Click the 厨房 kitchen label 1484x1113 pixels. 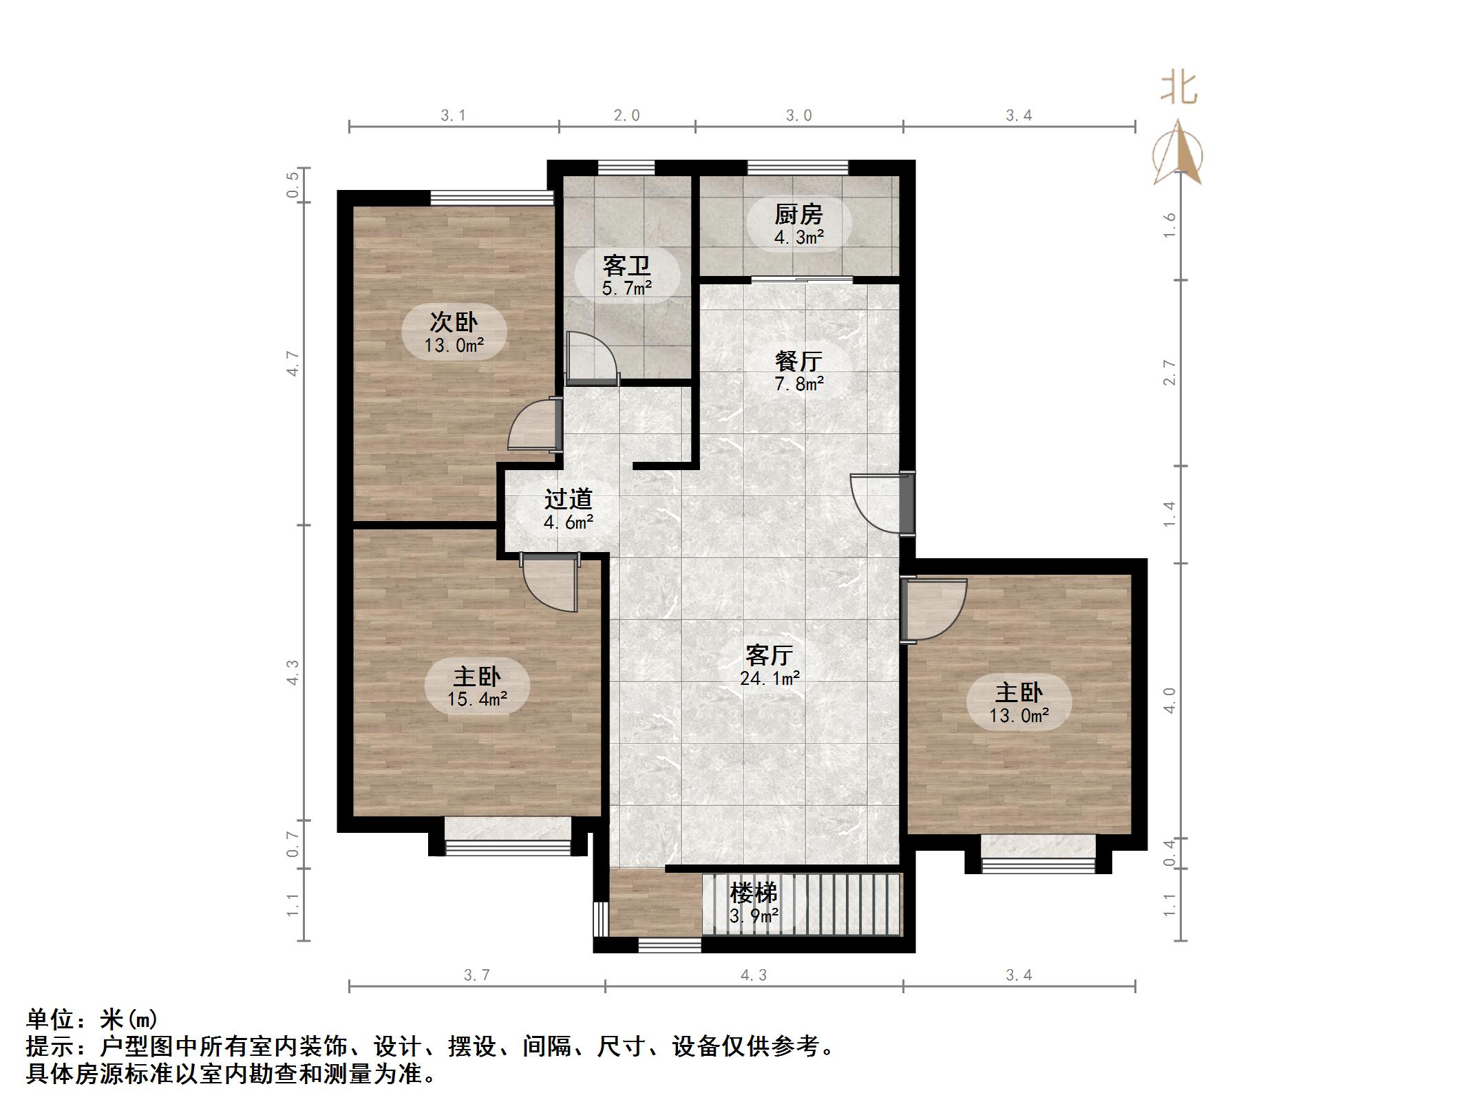[x=798, y=215]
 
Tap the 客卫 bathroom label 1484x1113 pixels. [x=626, y=266]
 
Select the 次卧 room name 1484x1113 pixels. [x=454, y=322]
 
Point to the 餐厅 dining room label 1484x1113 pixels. [x=798, y=361]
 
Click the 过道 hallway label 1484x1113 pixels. [x=569, y=499]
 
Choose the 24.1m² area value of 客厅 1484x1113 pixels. [x=770, y=679]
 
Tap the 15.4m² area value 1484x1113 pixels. [x=477, y=699]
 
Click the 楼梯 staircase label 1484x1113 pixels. [x=754, y=893]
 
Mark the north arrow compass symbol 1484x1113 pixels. [x=1178, y=155]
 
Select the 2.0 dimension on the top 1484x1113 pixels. [x=626, y=116]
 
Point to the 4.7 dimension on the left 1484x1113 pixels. [x=294, y=363]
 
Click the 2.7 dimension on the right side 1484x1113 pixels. [x=1169, y=373]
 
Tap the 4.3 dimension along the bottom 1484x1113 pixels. [x=753, y=975]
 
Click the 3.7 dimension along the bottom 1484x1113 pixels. [x=476, y=975]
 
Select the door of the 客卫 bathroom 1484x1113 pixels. [x=591, y=358]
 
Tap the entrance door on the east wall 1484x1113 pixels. [x=881, y=502]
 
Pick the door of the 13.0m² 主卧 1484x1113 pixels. [x=933, y=609]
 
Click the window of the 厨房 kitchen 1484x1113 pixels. [x=798, y=167]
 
